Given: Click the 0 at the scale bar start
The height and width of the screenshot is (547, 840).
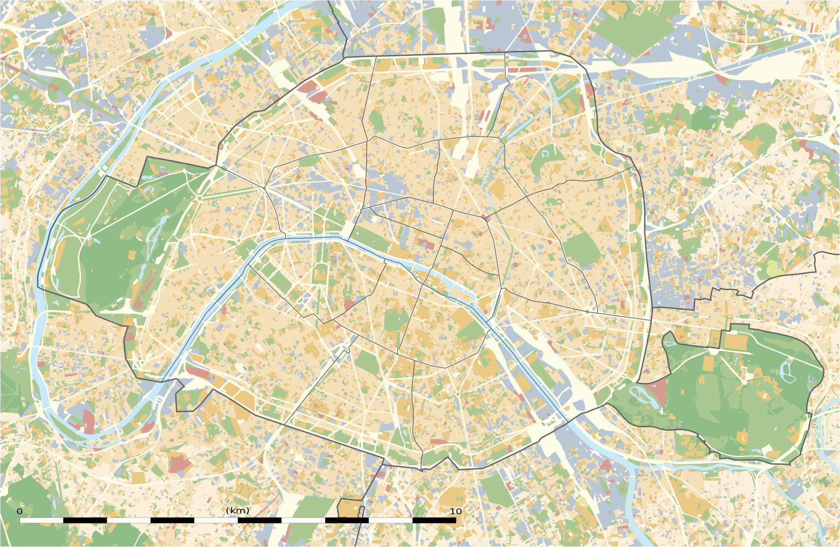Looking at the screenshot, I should coord(19,511).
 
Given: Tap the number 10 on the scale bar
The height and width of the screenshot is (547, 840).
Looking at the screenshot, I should coord(456,511).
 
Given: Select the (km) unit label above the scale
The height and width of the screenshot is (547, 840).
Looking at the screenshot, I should coord(238,510).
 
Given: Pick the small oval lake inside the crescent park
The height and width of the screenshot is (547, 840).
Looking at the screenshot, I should coord(546,153).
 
